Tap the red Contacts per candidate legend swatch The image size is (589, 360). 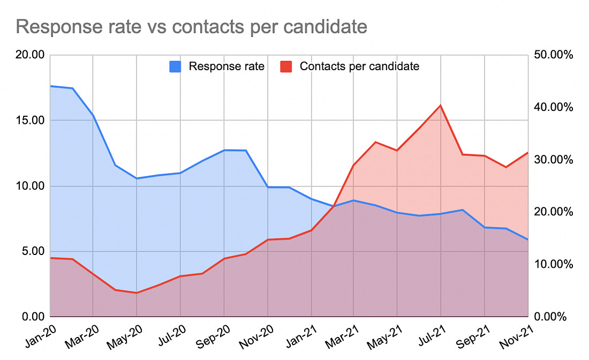click(286, 67)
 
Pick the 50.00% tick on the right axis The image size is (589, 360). click(554, 55)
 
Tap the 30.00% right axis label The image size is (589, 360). click(554, 160)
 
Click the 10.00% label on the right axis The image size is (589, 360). click(554, 265)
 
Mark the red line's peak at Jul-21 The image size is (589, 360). click(441, 106)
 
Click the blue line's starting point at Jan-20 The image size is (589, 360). click(50, 86)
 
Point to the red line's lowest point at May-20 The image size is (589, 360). click(137, 293)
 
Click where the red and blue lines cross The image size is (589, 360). click(334, 206)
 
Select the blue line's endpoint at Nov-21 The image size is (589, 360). click(527, 239)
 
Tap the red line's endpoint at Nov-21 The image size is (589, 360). click(527, 153)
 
